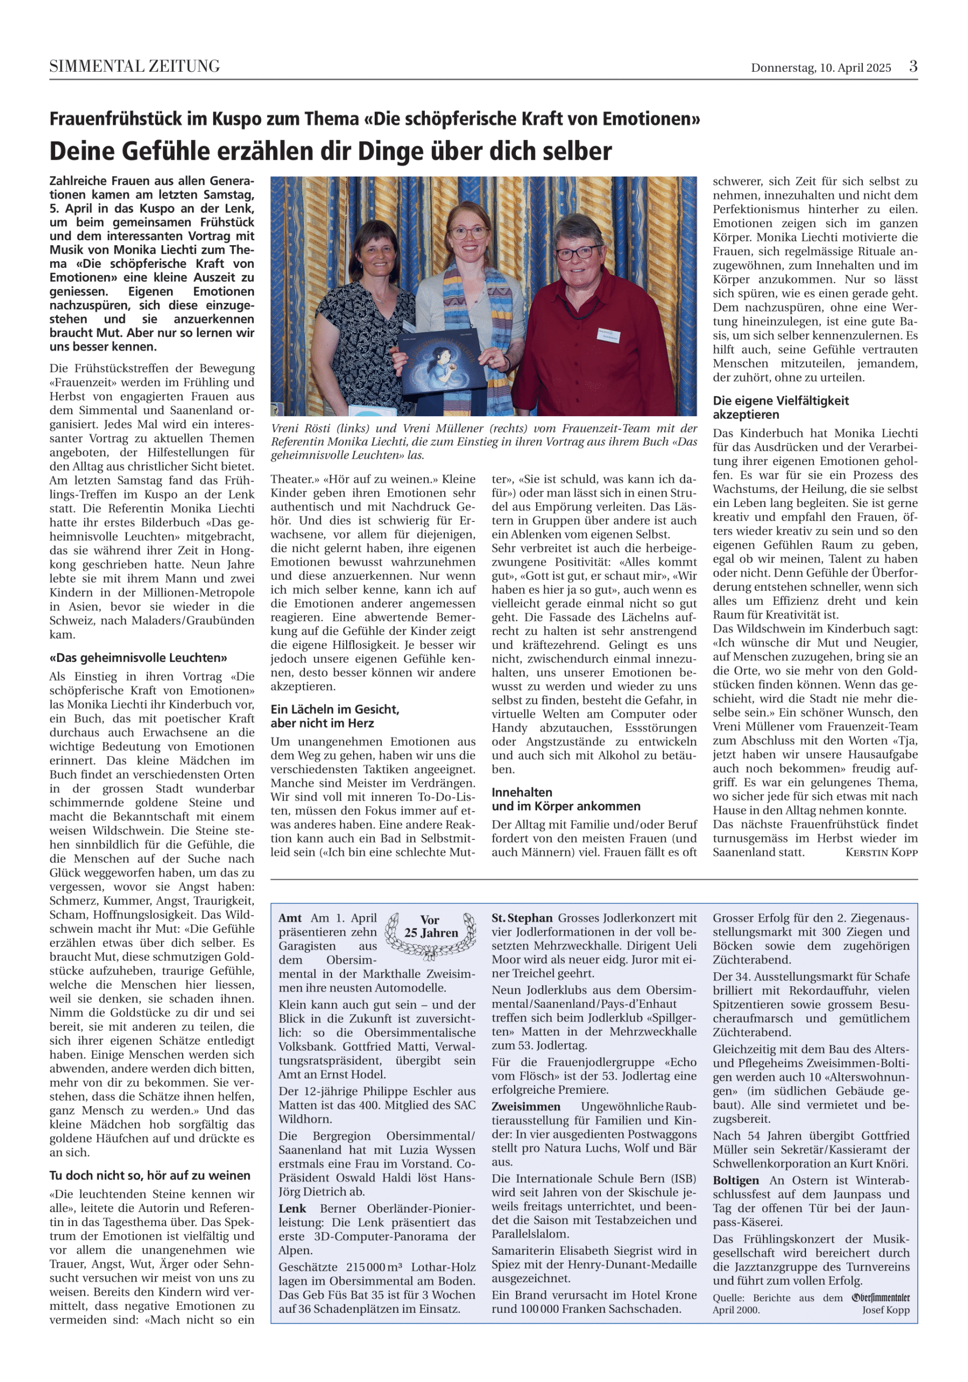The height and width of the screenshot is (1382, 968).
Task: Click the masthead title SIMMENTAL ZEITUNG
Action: click(134, 66)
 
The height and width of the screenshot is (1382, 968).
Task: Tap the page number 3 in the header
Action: click(912, 66)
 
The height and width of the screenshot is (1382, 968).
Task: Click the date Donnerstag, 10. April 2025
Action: click(821, 67)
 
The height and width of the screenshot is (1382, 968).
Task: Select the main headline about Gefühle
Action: click(330, 151)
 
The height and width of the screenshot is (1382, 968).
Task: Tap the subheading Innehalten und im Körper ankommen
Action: click(566, 800)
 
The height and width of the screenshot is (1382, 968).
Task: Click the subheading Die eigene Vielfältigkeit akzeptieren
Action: click(780, 408)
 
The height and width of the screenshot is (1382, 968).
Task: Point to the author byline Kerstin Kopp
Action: click(881, 852)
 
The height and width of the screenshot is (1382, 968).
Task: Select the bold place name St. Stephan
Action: click(522, 918)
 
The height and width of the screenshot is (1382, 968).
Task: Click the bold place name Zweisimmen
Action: click(525, 1106)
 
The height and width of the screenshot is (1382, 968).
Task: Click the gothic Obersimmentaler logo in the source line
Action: click(880, 1298)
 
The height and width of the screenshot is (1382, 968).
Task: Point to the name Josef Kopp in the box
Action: click(885, 1310)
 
